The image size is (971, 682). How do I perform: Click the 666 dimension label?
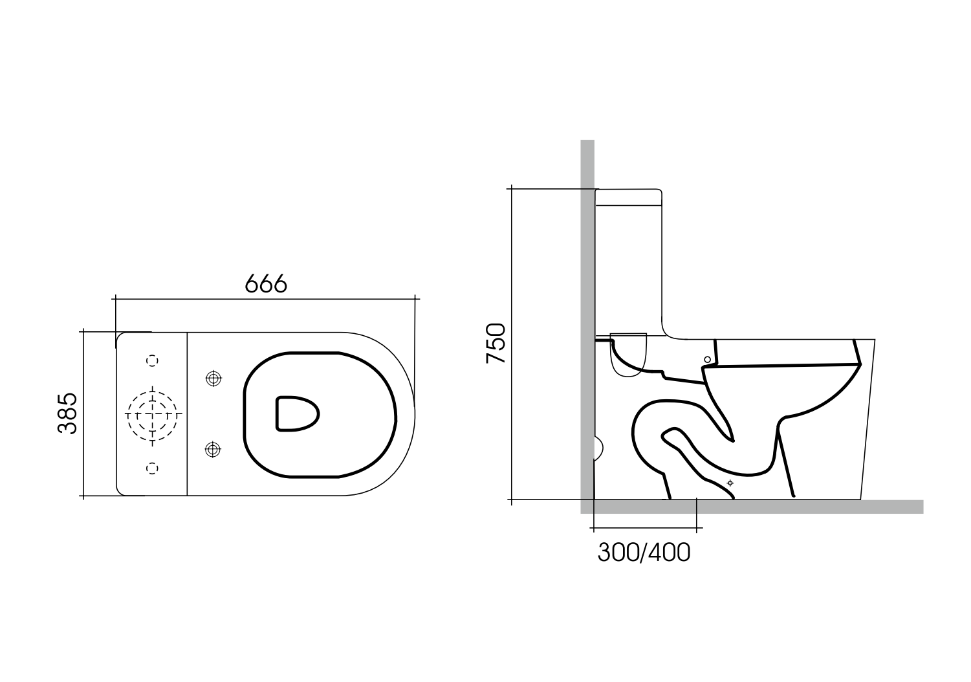tap(266, 283)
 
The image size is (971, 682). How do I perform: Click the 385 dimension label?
tap(67, 413)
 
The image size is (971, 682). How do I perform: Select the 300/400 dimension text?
tap(644, 553)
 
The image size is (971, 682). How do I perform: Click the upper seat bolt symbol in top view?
tap(213, 379)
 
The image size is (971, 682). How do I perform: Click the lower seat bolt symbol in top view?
tap(213, 448)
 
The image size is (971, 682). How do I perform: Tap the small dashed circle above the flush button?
tap(153, 360)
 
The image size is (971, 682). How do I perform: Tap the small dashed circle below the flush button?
tap(153, 467)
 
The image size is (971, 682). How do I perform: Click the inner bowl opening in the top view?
tap(297, 413)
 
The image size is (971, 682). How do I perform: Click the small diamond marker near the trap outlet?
tap(731, 483)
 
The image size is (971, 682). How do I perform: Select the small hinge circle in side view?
tap(707, 359)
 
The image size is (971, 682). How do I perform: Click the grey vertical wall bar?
tap(587, 259)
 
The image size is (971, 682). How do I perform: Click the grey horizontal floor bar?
tap(776, 507)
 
